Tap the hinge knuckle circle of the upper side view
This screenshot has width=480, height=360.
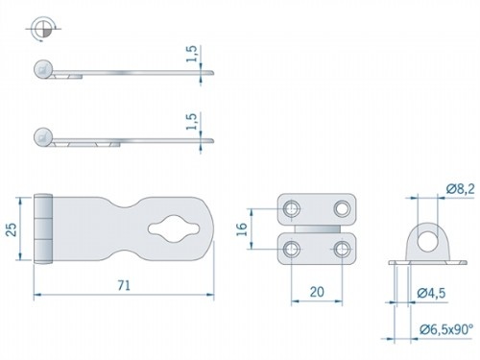[41, 68]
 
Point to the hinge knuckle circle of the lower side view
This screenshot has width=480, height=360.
[41, 135]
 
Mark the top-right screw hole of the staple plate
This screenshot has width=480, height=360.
[342, 208]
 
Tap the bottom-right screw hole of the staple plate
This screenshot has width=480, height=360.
[342, 251]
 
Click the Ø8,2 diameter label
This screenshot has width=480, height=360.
[458, 191]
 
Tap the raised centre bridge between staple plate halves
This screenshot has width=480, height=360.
[317, 229]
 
